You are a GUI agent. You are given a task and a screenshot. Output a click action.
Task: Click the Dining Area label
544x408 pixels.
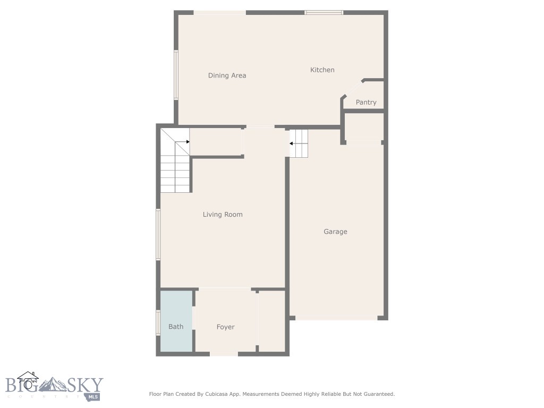(x=227, y=75)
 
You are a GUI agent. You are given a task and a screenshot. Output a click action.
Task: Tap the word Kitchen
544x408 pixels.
(x=322, y=70)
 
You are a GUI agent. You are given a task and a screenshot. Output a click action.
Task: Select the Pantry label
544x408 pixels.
(x=366, y=103)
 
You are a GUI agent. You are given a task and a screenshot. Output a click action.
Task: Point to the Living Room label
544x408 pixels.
(x=223, y=215)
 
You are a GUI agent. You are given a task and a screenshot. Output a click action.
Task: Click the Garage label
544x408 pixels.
(x=336, y=232)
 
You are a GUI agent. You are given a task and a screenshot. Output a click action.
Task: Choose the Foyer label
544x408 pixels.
(x=226, y=327)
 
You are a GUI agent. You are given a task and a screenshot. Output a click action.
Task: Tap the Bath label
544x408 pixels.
(x=176, y=327)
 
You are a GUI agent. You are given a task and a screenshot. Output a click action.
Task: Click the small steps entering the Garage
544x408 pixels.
(x=300, y=143)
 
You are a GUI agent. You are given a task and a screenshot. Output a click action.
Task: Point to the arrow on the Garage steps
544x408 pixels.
(x=292, y=143)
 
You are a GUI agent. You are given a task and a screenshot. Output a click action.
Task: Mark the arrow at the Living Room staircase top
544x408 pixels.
(x=188, y=142)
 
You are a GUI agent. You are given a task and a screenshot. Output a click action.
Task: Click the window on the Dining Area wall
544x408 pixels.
(x=176, y=75)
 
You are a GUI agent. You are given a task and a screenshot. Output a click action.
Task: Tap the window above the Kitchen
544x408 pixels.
(x=324, y=12)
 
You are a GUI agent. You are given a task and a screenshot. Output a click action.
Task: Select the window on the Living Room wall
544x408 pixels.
(x=158, y=234)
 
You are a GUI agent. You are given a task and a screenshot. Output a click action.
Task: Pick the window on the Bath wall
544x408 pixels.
(x=158, y=322)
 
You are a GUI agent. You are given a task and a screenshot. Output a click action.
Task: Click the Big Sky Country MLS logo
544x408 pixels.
(x=54, y=387)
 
